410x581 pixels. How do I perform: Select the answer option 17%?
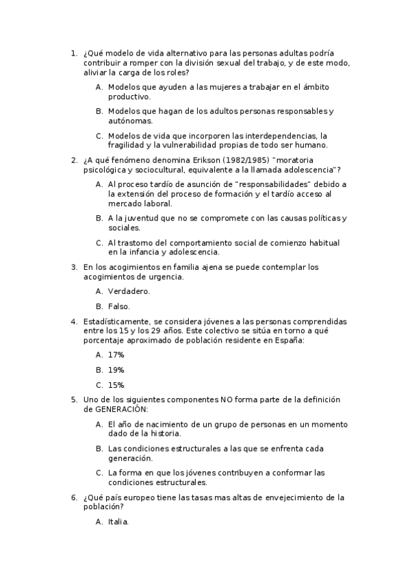click(x=116, y=354)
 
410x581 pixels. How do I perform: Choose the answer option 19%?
click(x=116, y=369)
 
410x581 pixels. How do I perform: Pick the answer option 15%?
click(x=116, y=384)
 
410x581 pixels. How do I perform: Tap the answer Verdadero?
click(x=129, y=291)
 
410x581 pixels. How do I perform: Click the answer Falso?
click(x=118, y=306)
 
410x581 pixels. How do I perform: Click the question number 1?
click(x=74, y=53)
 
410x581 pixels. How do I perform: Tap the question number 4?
click(x=74, y=321)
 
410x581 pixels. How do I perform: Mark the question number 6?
click(x=74, y=497)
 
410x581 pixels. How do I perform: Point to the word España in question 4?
click(x=287, y=339)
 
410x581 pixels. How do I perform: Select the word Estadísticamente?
click(x=116, y=321)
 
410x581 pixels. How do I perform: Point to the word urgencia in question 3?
click(x=167, y=277)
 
